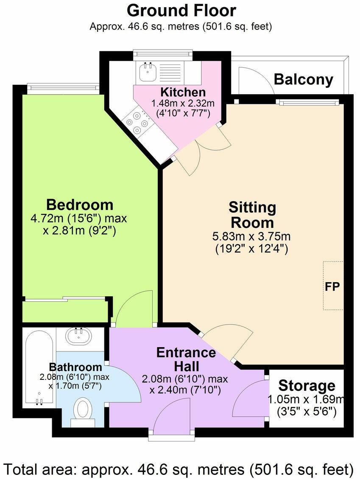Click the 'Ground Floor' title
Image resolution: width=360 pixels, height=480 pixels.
pyautogui.click(x=181, y=10)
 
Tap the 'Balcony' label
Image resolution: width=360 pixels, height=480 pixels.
pyautogui.click(x=303, y=79)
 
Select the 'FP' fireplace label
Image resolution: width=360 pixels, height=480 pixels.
pyautogui.click(x=332, y=285)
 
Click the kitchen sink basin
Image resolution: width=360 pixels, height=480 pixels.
pyautogui.click(x=148, y=73)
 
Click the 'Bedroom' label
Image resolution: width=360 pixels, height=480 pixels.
pyautogui.click(x=80, y=205)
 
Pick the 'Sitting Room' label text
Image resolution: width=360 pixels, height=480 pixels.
pyautogui.click(x=252, y=215)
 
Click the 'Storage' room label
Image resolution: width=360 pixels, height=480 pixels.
pyautogui.click(x=307, y=386)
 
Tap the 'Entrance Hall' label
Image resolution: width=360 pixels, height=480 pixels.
pyautogui.click(x=186, y=359)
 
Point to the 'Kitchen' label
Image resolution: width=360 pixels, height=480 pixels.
pyautogui.click(x=183, y=92)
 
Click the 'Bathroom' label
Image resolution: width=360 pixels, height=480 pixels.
pyautogui.click(x=75, y=367)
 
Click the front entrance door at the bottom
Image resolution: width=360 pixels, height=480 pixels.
pyautogui.click(x=172, y=420)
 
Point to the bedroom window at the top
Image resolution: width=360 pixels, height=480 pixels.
pyautogui.click(x=63, y=88)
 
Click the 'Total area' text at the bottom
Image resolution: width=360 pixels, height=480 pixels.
pyautogui.click(x=180, y=469)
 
